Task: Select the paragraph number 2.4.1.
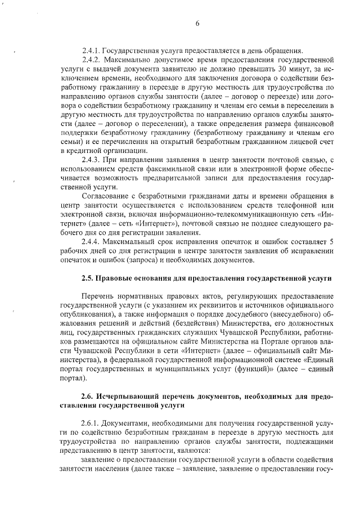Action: (91, 49)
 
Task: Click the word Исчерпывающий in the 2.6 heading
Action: (131, 397)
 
